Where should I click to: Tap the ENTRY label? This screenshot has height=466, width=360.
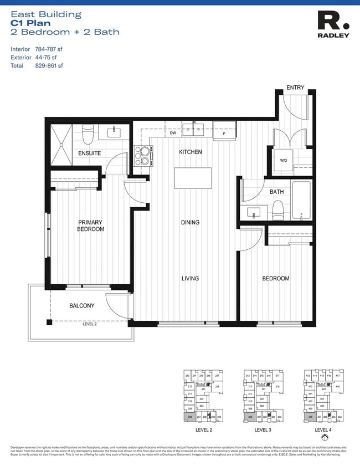coord(294,88)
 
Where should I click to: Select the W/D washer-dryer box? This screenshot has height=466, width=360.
coord(283,160)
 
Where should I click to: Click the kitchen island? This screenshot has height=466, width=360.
coord(193,178)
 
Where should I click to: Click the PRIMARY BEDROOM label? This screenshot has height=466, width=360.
coord(90,226)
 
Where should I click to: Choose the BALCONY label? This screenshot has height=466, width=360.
coord(81,305)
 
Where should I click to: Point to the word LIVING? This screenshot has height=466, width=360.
coord(189,278)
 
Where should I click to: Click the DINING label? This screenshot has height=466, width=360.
coord(189,222)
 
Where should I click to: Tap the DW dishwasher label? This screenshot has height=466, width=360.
coord(173,133)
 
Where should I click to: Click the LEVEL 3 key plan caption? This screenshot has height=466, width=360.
coord(263,429)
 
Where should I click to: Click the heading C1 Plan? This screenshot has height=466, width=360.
coord(30,23)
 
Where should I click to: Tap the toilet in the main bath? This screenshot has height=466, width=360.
coord(277,209)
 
